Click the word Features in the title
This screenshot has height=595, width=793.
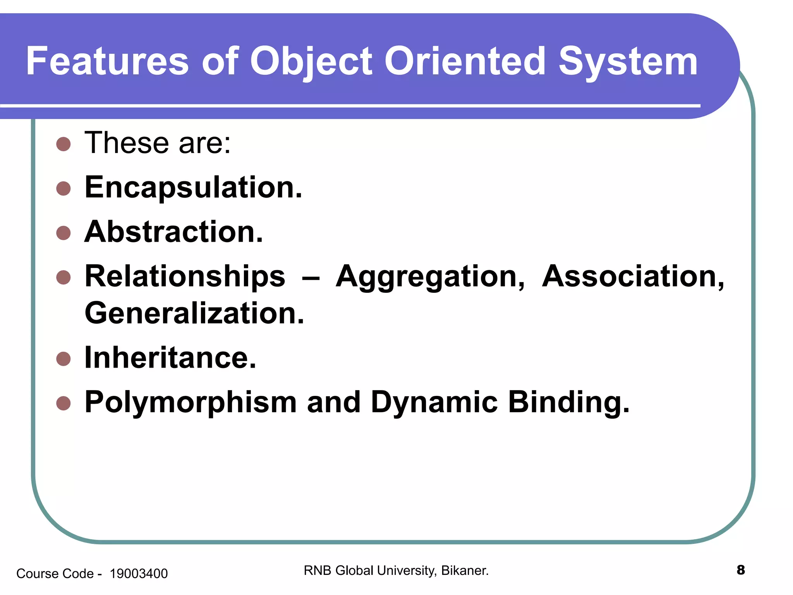click(x=107, y=61)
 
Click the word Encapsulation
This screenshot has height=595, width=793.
click(x=193, y=187)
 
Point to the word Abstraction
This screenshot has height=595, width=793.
click(x=173, y=232)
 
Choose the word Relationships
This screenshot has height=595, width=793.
click(x=185, y=277)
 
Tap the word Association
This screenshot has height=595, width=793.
click(x=633, y=277)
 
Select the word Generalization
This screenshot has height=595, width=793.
click(x=194, y=313)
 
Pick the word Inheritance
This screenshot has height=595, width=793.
click(x=170, y=358)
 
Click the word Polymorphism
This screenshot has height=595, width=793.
click(x=191, y=403)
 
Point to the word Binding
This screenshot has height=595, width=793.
click(x=568, y=403)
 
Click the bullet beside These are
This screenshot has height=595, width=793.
click(x=64, y=144)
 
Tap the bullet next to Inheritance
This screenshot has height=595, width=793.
click(x=64, y=359)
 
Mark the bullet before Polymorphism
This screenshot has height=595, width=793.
click(x=64, y=403)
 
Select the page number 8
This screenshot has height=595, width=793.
click(x=740, y=570)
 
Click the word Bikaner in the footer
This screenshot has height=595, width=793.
click(x=464, y=571)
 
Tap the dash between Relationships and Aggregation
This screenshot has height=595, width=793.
click(x=311, y=278)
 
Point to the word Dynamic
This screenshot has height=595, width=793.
click(x=434, y=403)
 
